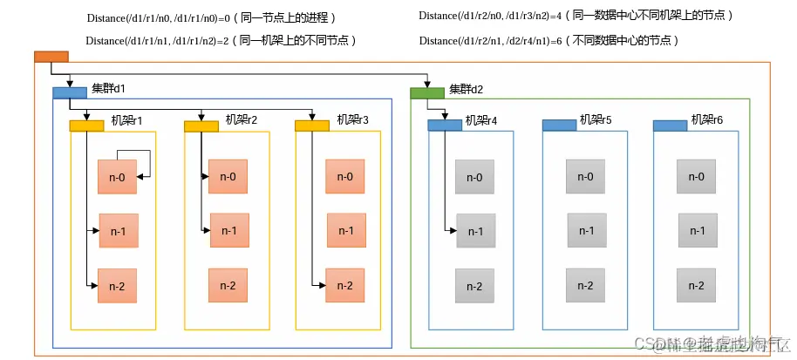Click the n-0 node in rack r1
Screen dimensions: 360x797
click(117, 177)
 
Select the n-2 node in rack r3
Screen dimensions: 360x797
click(344, 285)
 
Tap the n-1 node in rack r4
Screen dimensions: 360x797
click(475, 231)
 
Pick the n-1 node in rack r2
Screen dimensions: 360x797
click(229, 230)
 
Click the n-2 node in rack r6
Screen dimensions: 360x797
click(696, 285)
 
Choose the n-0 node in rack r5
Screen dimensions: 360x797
click(584, 177)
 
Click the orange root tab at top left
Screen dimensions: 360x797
click(51, 57)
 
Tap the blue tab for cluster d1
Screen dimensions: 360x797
click(70, 92)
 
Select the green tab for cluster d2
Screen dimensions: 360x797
click(427, 92)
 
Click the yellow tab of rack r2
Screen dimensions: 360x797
click(201, 126)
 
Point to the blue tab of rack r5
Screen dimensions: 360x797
click(559, 126)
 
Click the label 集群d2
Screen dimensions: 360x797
click(467, 89)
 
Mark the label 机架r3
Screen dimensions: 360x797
click(353, 119)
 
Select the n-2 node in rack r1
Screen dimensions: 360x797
click(117, 285)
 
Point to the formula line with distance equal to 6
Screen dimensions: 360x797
click(548, 41)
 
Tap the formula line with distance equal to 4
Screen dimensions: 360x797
click(576, 16)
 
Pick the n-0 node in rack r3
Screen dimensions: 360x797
click(344, 177)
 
